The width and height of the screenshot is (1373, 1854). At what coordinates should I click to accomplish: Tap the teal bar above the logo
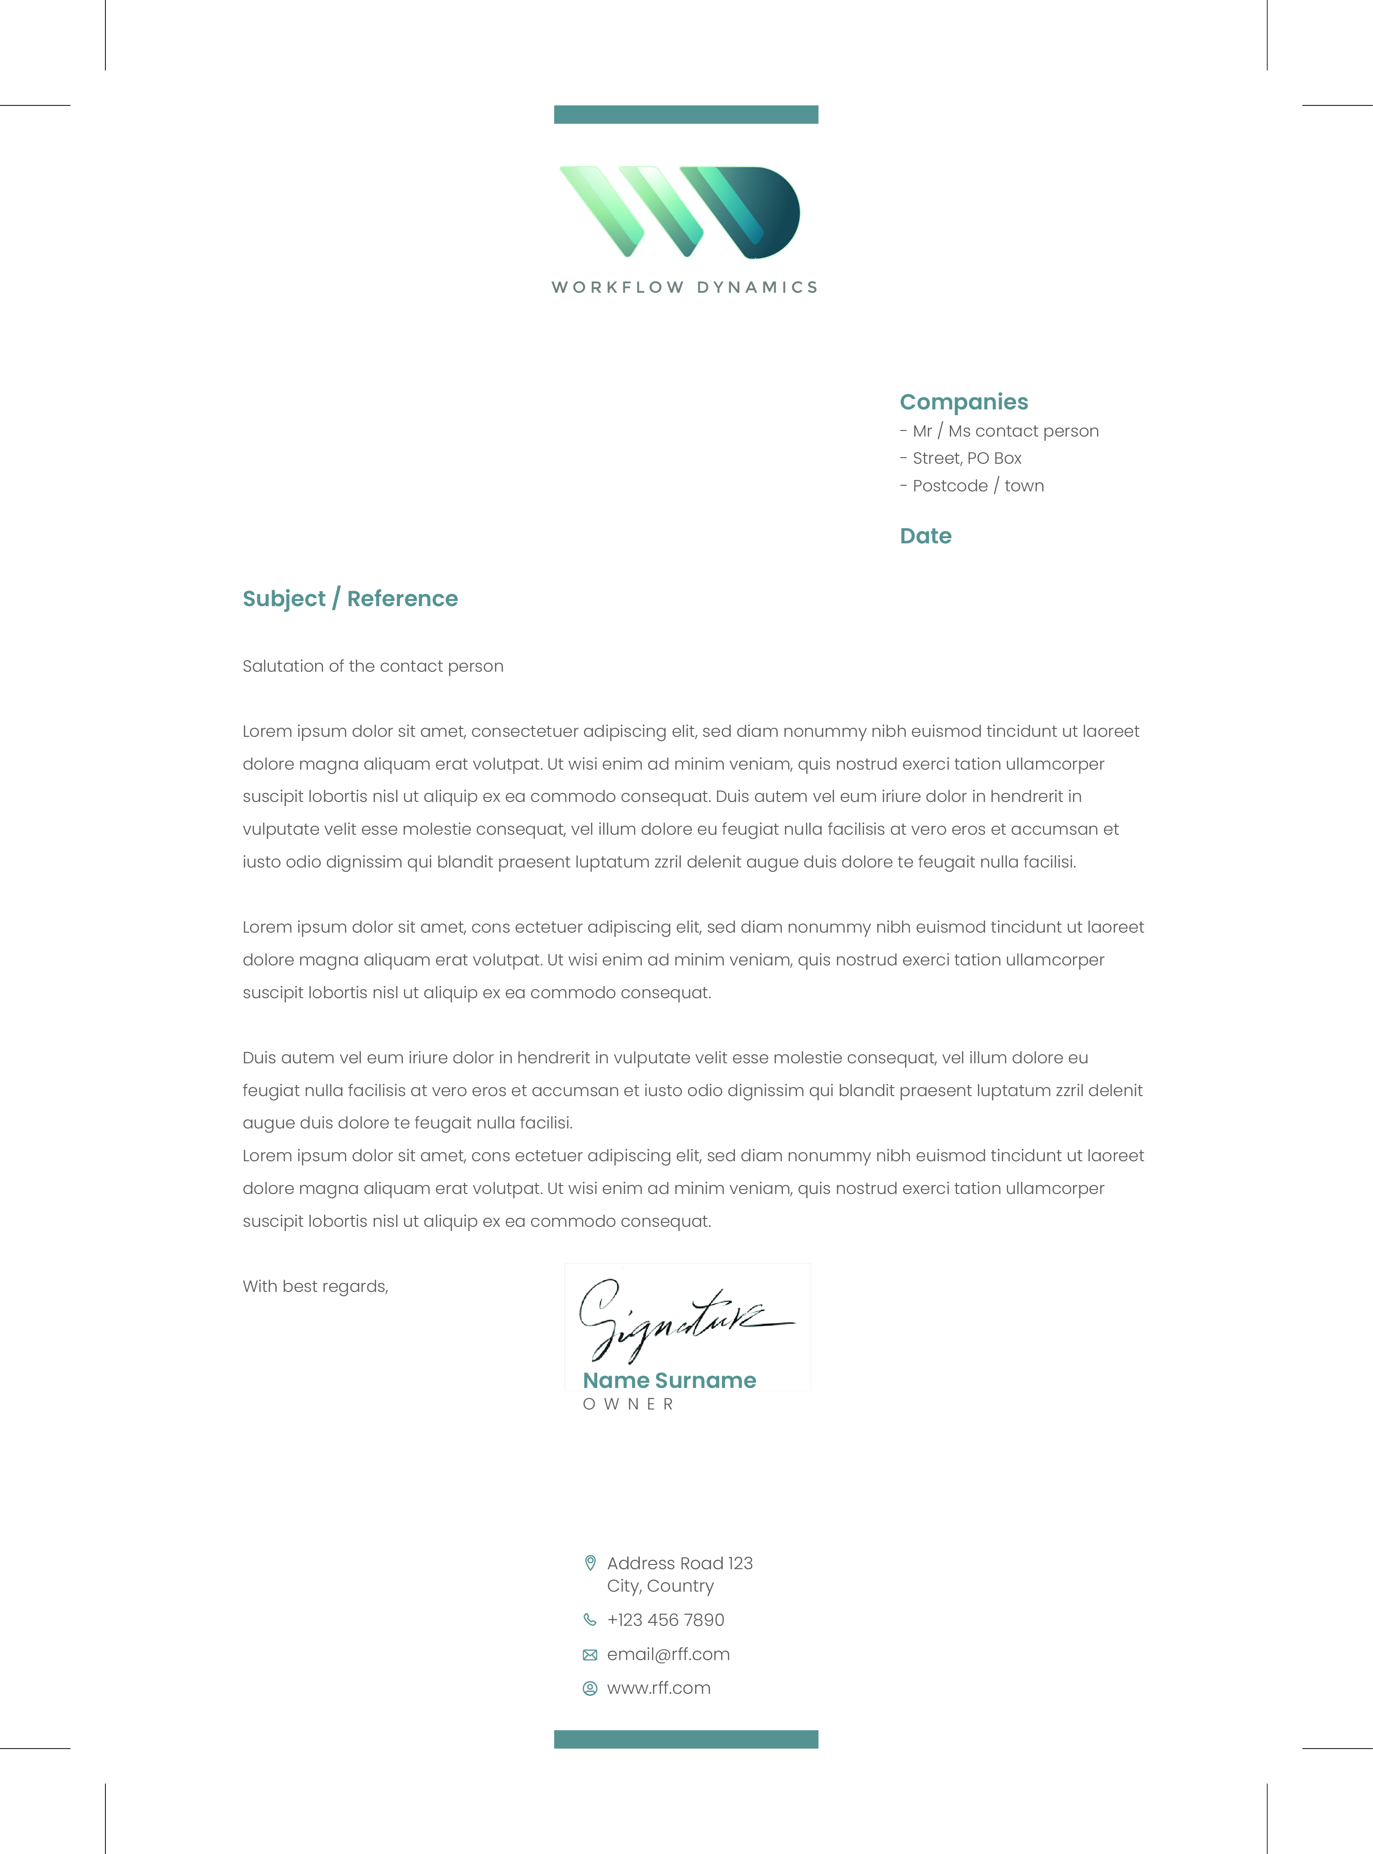[686, 115]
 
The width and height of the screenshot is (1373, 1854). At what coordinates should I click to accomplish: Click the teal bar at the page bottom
[686, 1739]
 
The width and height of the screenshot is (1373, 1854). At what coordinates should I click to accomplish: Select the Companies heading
[963, 402]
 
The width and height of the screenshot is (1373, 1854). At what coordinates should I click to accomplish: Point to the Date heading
[925, 536]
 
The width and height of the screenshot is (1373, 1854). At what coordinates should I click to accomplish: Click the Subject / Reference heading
[350, 599]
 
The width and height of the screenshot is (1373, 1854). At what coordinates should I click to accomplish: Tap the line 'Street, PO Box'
[966, 459]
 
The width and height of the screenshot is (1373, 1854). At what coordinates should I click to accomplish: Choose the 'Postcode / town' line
[977, 486]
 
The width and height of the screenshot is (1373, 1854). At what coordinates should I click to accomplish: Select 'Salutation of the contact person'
[372, 667]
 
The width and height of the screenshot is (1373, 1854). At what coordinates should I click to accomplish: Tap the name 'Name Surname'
[669, 1380]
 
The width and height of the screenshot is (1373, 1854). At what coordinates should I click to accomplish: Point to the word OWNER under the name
[628, 1404]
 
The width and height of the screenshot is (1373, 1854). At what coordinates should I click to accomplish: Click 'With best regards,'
[315, 1286]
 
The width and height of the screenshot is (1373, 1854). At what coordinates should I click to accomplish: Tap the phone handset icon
[590, 1620]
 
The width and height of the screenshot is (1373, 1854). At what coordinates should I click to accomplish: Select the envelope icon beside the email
[590, 1654]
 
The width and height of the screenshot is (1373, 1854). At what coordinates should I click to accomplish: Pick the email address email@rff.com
[668, 1654]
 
